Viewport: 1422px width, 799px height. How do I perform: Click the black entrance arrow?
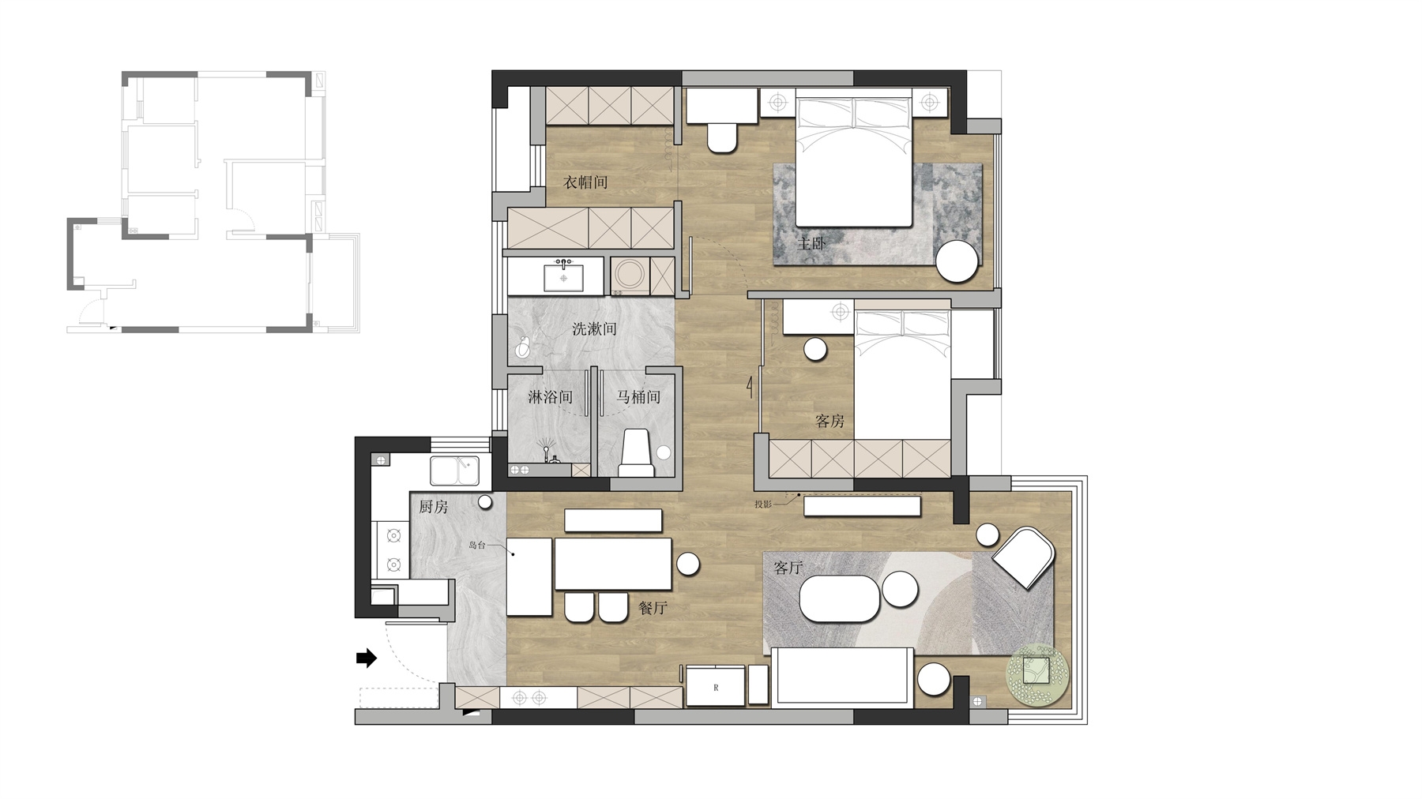[367, 657]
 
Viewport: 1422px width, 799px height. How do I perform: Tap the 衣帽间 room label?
[585, 182]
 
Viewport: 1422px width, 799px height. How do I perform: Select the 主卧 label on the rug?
[811, 243]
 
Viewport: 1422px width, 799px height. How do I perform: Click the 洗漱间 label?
[594, 329]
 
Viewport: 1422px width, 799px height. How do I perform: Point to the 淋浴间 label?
[550, 397]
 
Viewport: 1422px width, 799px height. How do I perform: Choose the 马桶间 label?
[638, 397]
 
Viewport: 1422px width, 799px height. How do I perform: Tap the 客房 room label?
[829, 421]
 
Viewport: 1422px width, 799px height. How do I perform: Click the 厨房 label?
[433, 507]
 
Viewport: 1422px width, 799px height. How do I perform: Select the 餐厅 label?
[653, 608]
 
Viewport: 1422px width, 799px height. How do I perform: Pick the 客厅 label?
[788, 568]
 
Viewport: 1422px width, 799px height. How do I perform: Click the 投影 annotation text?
[762, 504]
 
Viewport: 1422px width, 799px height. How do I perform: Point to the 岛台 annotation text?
[477, 545]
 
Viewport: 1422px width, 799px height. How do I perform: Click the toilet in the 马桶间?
[637, 454]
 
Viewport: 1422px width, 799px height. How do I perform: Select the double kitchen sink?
[454, 471]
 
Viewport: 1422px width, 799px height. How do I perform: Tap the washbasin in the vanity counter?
[563, 278]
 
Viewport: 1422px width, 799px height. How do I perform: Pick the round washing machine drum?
[630, 276]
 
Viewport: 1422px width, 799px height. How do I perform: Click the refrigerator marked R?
[716, 686]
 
